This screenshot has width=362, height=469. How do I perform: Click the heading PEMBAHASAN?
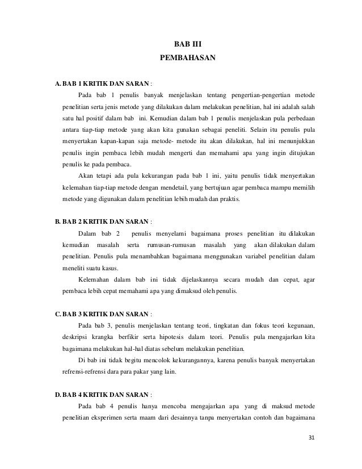coord(187,58)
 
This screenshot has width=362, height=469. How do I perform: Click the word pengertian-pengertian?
coord(259,94)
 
